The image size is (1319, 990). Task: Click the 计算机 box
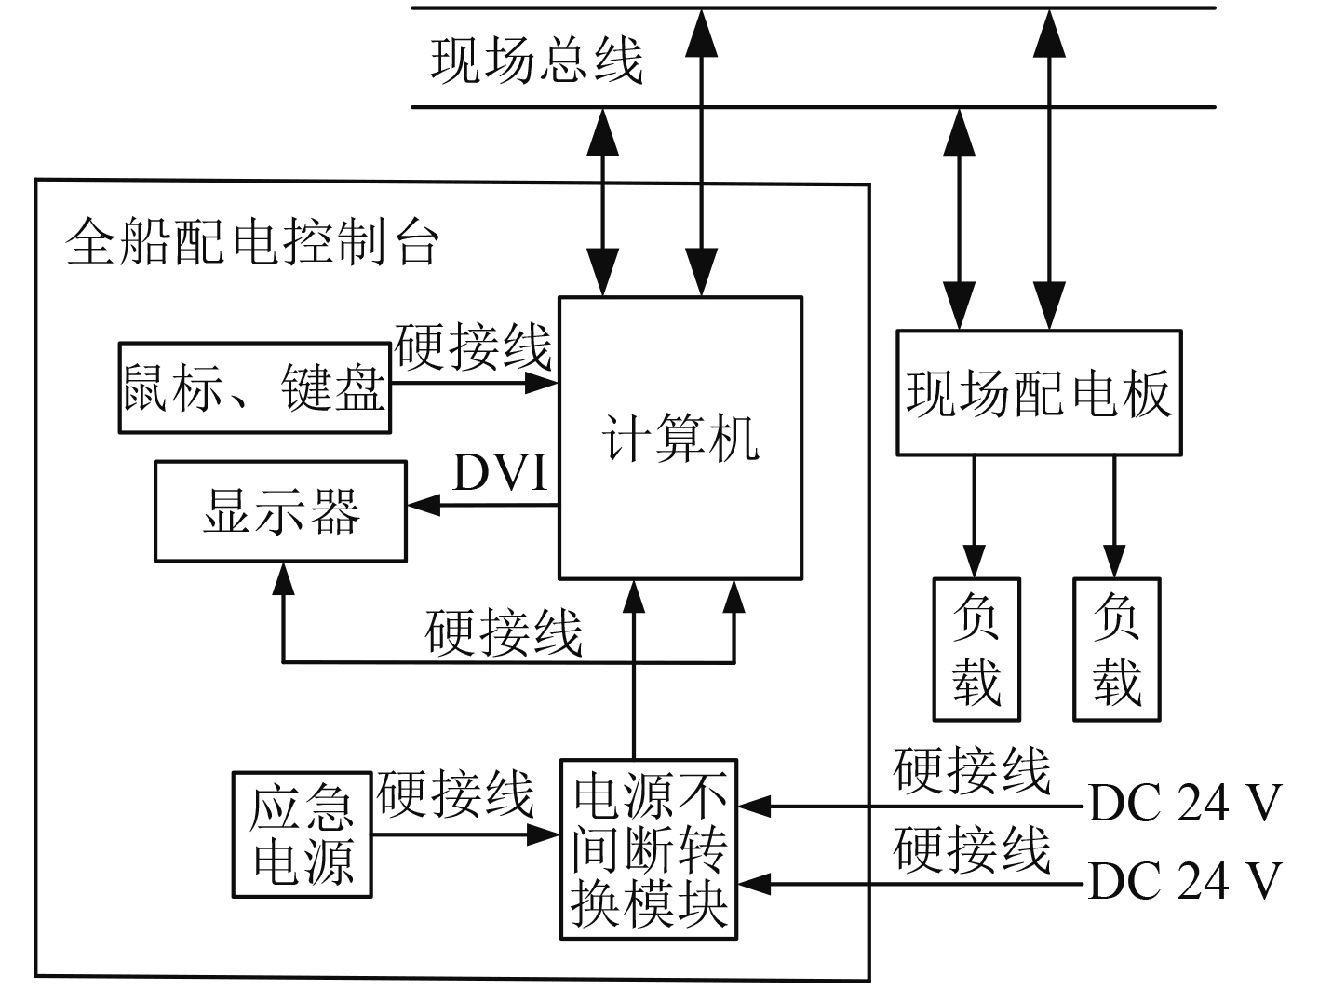pos(680,438)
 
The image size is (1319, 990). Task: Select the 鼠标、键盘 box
pos(254,387)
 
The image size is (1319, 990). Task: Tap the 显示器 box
pos(280,511)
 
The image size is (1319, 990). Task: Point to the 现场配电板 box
pos(1039,392)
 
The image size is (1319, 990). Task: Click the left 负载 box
pos(976,649)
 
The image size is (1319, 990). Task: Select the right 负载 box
pos(1117,649)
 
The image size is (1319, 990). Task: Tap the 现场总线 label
pos(537,60)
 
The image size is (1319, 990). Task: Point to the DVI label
pos(501,473)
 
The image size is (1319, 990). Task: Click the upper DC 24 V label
pos(1185,803)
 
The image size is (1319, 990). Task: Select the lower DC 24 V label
pos(1185,880)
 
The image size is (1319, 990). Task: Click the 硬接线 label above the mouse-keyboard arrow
pos(473,347)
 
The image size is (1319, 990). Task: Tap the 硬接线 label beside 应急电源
pos(455,794)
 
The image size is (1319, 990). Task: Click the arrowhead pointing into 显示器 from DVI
pos(423,506)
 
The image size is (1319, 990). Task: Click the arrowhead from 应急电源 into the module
pos(544,834)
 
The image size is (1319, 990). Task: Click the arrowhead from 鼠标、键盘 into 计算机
pos(541,382)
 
